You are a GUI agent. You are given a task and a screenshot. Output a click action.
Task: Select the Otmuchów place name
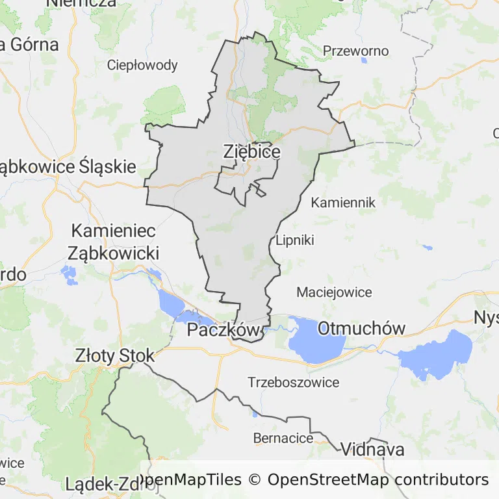tap(361, 328)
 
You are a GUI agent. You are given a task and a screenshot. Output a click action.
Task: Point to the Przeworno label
tap(355, 51)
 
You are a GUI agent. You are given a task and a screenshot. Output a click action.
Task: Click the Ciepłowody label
tap(142, 65)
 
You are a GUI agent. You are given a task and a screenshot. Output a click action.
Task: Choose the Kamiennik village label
tap(343, 203)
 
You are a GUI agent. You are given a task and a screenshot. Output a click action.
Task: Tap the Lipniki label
tap(295, 240)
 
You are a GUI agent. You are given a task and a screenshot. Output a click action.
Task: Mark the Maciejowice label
tap(334, 292)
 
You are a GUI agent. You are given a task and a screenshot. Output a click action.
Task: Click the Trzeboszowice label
tap(293, 382)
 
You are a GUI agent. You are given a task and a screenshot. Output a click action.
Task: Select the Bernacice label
tap(283, 437)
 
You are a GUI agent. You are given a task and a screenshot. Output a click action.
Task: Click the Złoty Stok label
tap(115, 355)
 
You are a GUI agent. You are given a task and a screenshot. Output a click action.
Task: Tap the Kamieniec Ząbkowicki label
tap(114, 241)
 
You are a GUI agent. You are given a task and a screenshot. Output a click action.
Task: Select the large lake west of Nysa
tap(437, 354)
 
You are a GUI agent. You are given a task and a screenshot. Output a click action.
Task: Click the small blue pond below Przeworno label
tap(363, 61)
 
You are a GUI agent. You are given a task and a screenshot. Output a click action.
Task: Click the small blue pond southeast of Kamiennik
tap(427, 248)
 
